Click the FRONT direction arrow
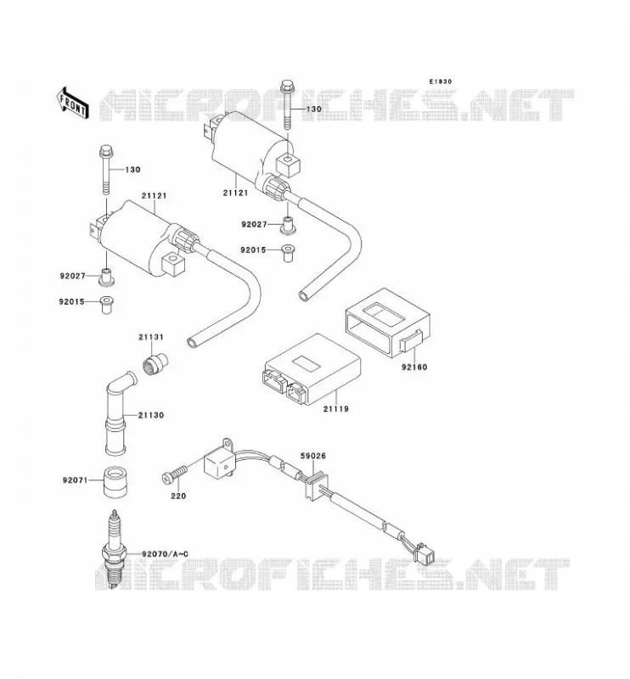[73, 103]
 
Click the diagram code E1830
[440, 81]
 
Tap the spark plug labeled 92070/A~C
[114, 548]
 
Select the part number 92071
[75, 480]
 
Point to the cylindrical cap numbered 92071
[115, 482]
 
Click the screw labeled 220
[175, 474]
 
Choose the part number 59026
[312, 456]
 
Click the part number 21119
[335, 408]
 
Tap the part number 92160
[414, 367]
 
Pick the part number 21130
[151, 415]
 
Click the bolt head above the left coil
[106, 153]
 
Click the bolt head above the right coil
[287, 86]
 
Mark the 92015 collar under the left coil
[107, 305]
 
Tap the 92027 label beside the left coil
[72, 275]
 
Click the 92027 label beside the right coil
[254, 224]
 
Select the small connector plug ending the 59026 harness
[425, 554]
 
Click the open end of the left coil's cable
[193, 343]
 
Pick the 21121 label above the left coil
[154, 196]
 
